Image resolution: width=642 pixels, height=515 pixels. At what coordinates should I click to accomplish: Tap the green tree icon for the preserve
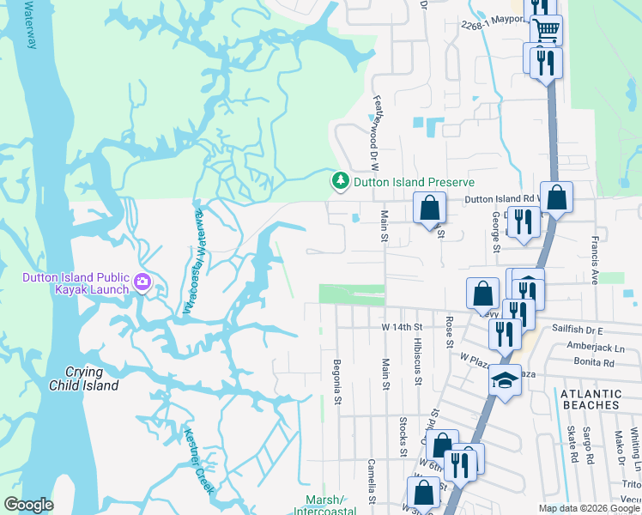pos(341,181)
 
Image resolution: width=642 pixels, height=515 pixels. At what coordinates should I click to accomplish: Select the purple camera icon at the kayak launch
pos(142,281)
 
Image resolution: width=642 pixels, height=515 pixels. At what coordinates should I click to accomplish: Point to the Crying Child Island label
pos(95,379)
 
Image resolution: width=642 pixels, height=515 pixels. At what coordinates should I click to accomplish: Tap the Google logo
pos(28,505)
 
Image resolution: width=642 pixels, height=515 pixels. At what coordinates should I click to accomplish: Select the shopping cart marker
pos(546,32)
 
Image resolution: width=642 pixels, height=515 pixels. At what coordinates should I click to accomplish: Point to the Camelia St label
pos(372,481)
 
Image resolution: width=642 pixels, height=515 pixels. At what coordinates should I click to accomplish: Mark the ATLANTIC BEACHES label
pos(590,398)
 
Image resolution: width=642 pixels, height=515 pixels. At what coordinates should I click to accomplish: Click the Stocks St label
pos(403,436)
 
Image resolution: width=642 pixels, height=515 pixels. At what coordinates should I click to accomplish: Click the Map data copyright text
pos(587,508)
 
